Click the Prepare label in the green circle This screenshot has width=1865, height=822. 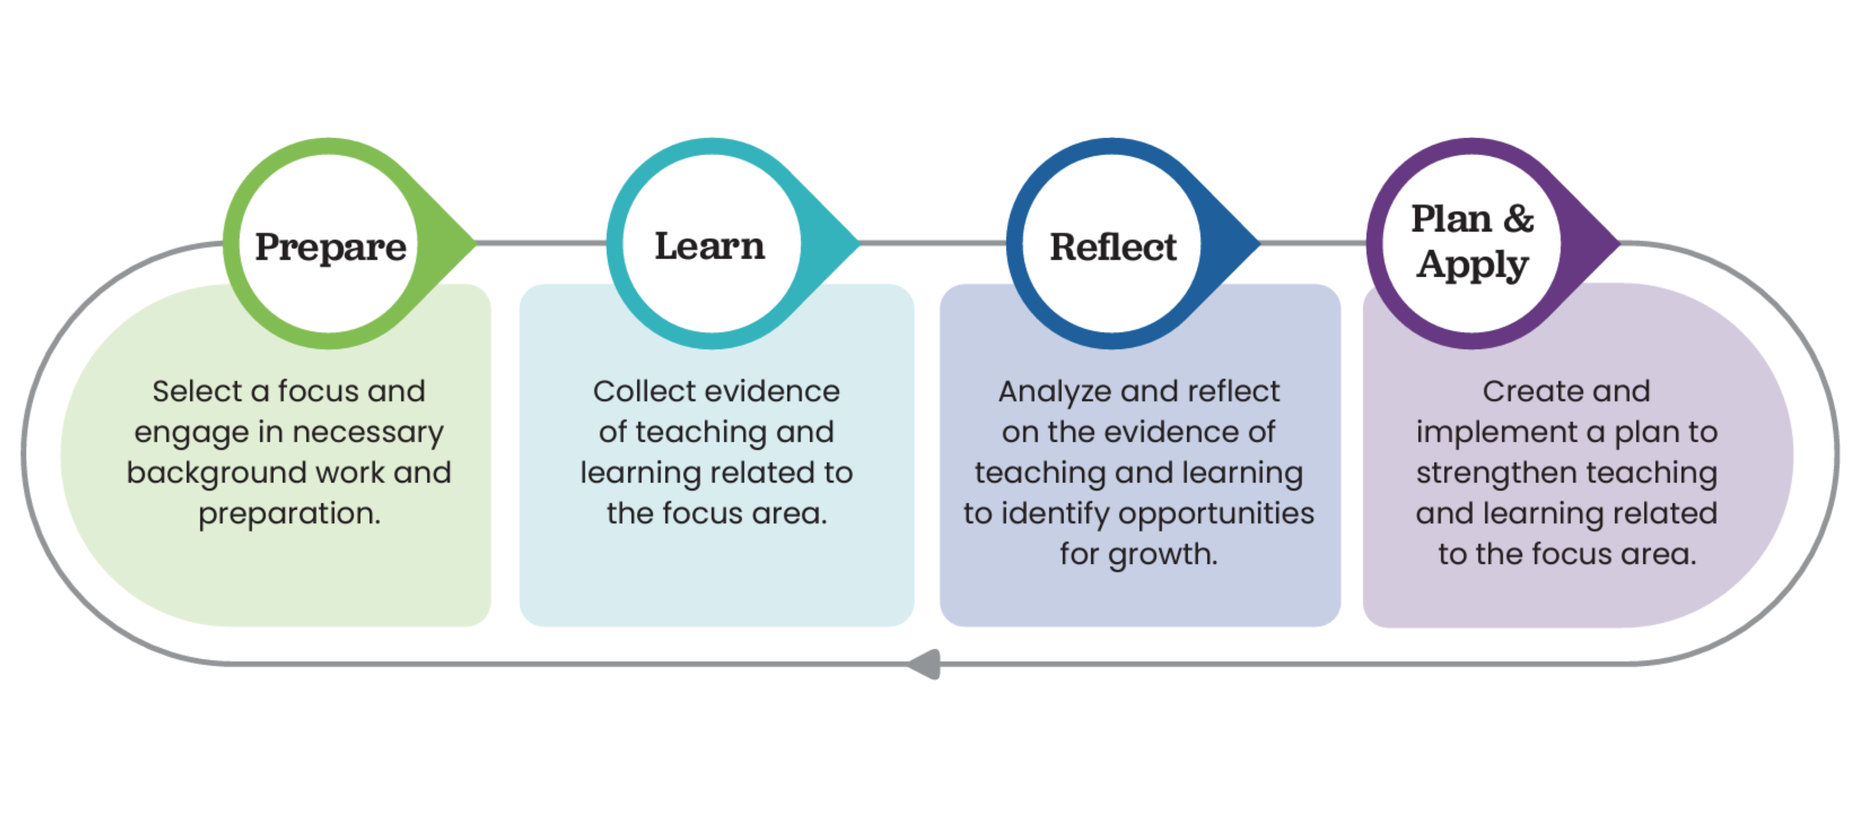click(x=330, y=247)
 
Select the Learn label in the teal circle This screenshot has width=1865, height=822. click(x=710, y=246)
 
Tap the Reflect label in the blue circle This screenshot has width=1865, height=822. click(x=1113, y=247)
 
